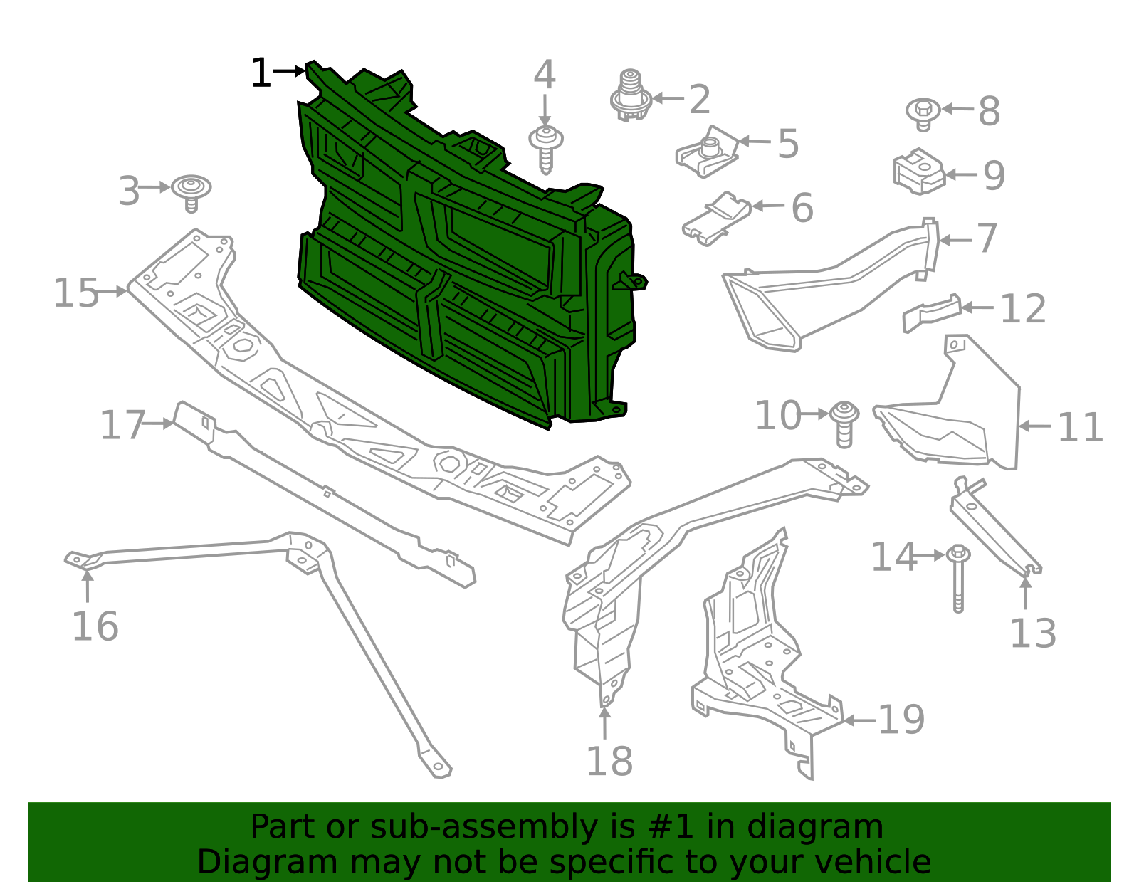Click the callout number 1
(261, 73)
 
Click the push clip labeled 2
(630, 96)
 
